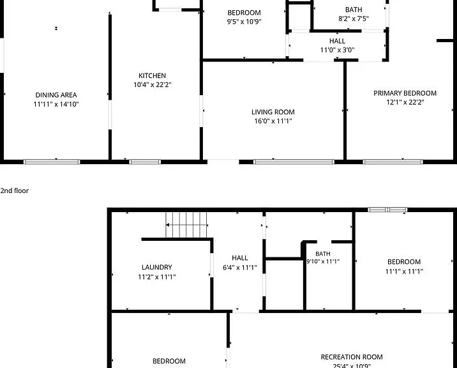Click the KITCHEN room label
tap(152, 75)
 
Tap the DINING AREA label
tap(56, 95)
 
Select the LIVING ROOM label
tap(273, 112)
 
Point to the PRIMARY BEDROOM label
tap(405, 93)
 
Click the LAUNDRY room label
tap(157, 267)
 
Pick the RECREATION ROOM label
tap(352, 357)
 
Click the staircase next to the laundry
tap(186, 225)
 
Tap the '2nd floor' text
tap(14, 190)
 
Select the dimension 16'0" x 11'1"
tap(273, 121)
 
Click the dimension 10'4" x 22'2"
tap(152, 84)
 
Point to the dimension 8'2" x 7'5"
tap(354, 19)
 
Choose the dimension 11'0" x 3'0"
tap(337, 50)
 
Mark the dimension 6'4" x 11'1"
tap(239, 267)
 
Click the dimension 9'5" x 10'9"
tap(244, 22)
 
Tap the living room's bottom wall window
tap(294, 162)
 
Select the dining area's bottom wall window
tap(52, 162)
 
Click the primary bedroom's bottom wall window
tap(393, 162)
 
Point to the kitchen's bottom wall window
tap(145, 162)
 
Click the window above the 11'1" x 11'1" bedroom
tap(387, 210)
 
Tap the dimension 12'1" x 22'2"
tap(405, 102)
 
